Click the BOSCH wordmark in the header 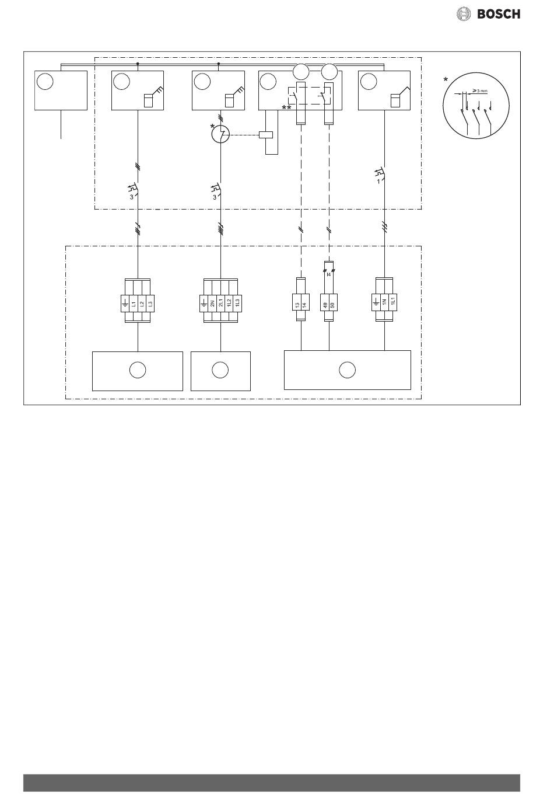499,14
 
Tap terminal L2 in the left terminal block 142,304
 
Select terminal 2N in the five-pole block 212,304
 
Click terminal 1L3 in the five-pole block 236,304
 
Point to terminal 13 297,304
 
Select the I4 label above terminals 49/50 329,274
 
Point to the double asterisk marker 286,109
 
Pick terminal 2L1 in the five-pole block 220,304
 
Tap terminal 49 325,304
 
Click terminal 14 305,304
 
